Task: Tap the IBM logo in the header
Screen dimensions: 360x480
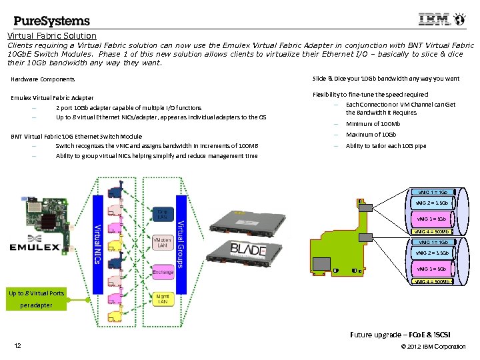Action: point(434,20)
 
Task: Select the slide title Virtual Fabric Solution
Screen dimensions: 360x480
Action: point(52,35)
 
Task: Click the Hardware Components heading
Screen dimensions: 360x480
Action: point(43,79)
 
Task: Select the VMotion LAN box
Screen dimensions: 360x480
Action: point(163,243)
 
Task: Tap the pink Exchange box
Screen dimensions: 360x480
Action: point(163,272)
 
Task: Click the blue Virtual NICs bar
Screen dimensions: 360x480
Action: point(98,243)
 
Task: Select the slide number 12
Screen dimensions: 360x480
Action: point(17,345)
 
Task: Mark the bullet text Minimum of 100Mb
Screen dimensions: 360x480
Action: point(373,124)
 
